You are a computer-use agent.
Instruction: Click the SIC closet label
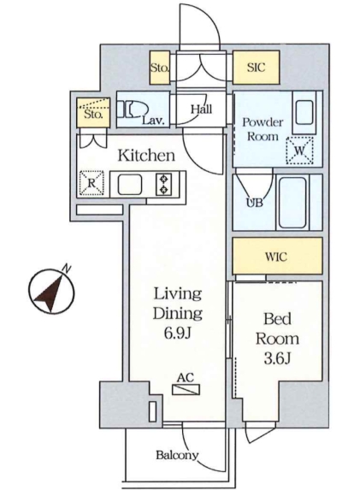tap(256, 68)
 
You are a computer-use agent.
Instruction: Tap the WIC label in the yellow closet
tap(276, 257)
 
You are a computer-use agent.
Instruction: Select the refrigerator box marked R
tap(91, 183)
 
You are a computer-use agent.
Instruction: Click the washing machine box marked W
tap(299, 151)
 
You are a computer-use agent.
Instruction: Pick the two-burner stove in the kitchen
tap(163, 185)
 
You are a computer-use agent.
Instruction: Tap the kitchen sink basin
tap(130, 185)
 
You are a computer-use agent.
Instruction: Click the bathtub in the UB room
tap(292, 203)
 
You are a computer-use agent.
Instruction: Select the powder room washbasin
tap(304, 113)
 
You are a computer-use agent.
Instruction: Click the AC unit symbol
tap(186, 389)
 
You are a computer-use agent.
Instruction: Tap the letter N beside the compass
tap(67, 269)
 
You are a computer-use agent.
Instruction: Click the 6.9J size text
tap(178, 334)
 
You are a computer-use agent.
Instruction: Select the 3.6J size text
tap(278, 359)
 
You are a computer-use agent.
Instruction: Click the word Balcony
tap(177, 455)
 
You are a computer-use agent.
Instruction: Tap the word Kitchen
tap(146, 156)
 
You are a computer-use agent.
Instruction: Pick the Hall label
tap(201, 109)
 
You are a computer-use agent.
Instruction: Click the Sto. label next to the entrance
tap(160, 68)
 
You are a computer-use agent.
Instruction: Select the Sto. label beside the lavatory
tap(93, 115)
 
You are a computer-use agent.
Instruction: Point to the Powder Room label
tap(263, 129)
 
